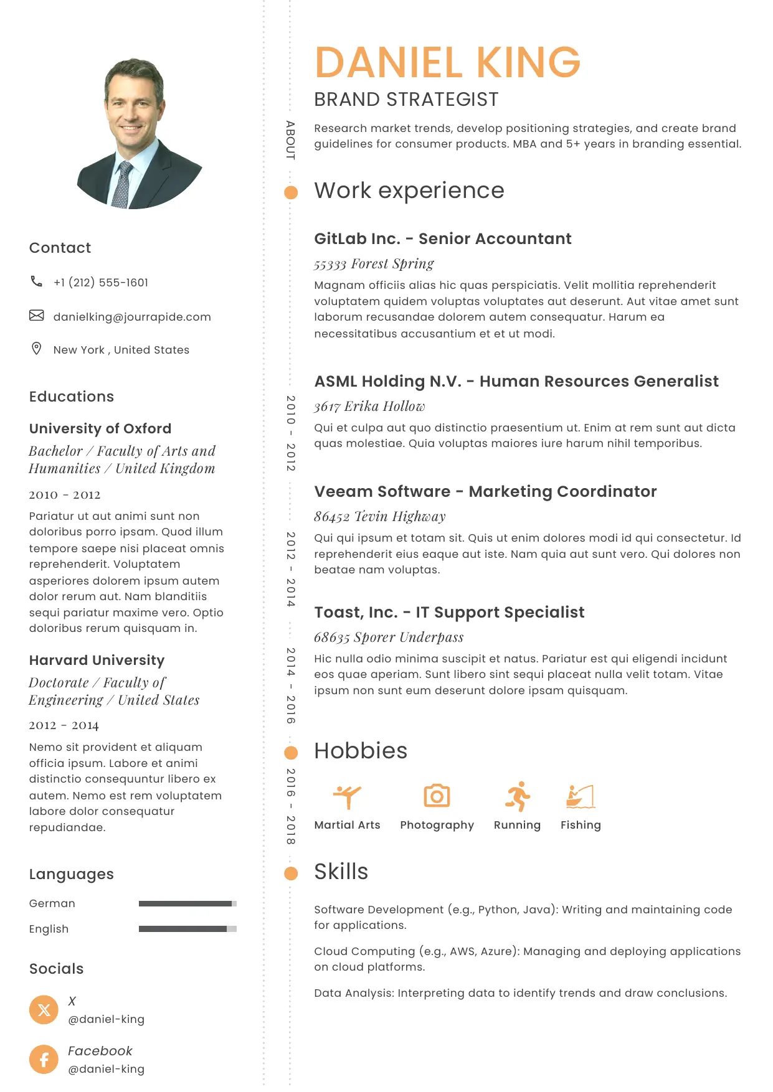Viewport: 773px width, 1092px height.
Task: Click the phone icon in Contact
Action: click(x=37, y=281)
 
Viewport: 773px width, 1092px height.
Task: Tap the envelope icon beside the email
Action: click(x=37, y=316)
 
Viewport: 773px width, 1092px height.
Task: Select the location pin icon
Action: click(x=37, y=349)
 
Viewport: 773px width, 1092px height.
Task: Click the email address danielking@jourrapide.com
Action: click(x=132, y=317)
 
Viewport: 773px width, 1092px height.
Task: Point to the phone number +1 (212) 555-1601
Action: click(x=101, y=283)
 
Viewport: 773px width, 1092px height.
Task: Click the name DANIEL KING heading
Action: click(x=447, y=62)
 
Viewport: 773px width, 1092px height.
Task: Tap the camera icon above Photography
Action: click(x=437, y=796)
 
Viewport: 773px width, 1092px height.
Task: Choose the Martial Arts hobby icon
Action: click(x=347, y=796)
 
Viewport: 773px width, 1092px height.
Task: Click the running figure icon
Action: click(x=518, y=796)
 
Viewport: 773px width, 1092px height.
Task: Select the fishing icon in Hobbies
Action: click(x=581, y=796)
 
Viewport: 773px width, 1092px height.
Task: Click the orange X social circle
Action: click(x=44, y=1009)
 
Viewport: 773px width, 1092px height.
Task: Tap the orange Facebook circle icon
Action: click(x=44, y=1059)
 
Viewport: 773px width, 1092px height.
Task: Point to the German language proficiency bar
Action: click(x=187, y=903)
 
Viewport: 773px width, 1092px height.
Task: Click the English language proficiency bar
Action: click(x=187, y=929)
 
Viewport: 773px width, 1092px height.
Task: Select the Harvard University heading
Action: click(x=97, y=660)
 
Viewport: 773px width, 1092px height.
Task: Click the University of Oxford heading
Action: click(x=100, y=428)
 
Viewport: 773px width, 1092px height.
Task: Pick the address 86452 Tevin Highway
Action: click(x=380, y=516)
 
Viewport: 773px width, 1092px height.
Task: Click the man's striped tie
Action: click(x=122, y=185)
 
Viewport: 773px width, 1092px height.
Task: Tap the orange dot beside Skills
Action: click(x=291, y=873)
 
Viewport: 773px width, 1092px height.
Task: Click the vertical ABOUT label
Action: click(x=290, y=140)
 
